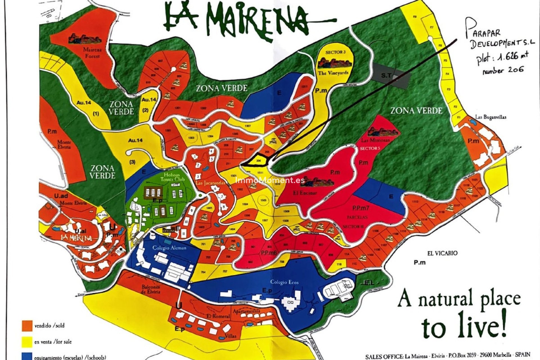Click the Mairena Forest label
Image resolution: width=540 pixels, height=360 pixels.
tap(92, 53)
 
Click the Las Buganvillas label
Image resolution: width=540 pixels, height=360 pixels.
tap(490, 117)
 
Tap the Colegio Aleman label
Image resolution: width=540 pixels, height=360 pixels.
tap(169, 248)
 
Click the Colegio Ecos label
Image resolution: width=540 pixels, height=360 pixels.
tap(284, 282)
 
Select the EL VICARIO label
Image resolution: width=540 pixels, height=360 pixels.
tap(442, 253)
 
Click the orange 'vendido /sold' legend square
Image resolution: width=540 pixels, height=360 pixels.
tap(27, 326)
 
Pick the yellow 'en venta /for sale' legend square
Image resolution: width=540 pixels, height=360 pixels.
tap(27, 342)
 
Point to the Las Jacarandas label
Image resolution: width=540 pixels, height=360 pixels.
tap(210, 183)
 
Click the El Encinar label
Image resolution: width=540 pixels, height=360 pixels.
tap(305, 193)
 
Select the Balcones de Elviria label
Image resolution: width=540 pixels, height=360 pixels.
tap(151, 289)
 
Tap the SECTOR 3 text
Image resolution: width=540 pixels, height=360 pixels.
tap(335, 52)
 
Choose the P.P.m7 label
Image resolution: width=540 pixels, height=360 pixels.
tap(361, 208)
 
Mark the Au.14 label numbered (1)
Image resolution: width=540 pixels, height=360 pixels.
tap(84, 103)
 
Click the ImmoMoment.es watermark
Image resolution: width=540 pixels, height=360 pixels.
tap(270, 180)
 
